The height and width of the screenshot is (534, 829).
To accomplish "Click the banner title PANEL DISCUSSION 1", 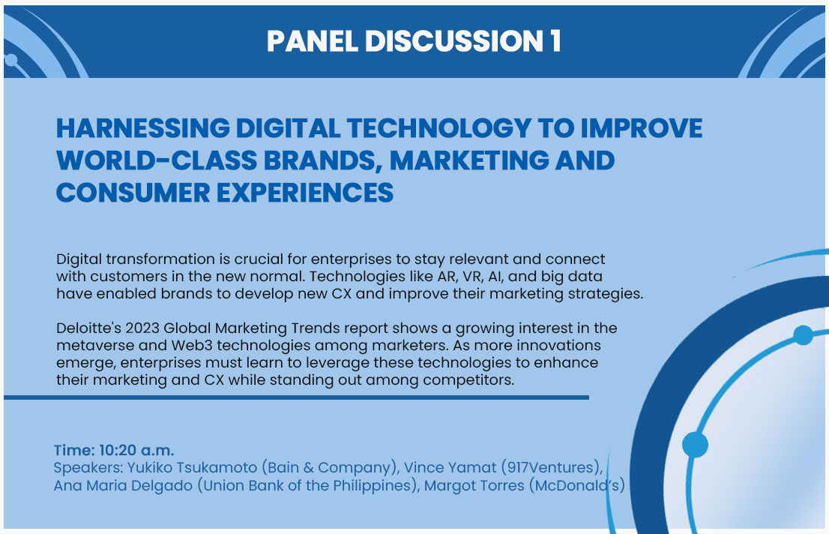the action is click(414, 41).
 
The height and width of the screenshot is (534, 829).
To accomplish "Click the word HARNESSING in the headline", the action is click(142, 128).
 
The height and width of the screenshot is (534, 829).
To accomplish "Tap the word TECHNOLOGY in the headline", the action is click(438, 128).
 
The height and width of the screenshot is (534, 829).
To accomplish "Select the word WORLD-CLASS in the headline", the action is click(156, 160).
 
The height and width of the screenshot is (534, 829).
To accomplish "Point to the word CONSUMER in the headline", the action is click(133, 193).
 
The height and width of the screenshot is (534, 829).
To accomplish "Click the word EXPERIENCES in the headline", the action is click(305, 193).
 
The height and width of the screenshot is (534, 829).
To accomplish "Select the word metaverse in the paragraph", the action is click(88, 346).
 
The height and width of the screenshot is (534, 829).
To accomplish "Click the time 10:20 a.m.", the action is click(136, 451).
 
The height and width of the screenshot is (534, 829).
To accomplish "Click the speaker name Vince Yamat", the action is click(450, 468).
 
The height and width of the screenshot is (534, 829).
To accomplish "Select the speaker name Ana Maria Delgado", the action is click(123, 486).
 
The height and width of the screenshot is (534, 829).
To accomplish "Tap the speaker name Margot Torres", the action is click(474, 486).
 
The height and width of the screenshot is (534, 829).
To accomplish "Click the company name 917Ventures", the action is click(551, 468).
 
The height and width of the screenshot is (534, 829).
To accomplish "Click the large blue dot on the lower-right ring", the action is click(695, 444).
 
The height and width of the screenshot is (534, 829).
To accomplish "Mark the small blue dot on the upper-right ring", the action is click(803, 335).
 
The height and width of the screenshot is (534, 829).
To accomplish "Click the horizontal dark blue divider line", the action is click(296, 397).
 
